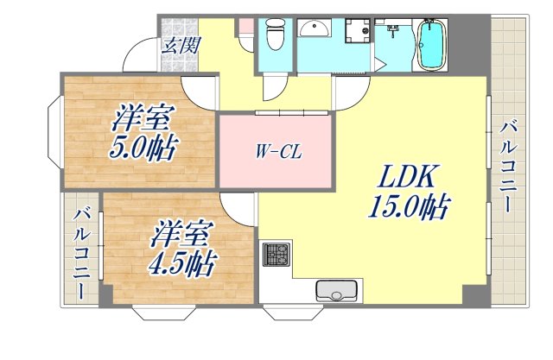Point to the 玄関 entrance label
(x=178, y=45)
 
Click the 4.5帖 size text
(x=181, y=260)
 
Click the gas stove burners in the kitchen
(x=275, y=255)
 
